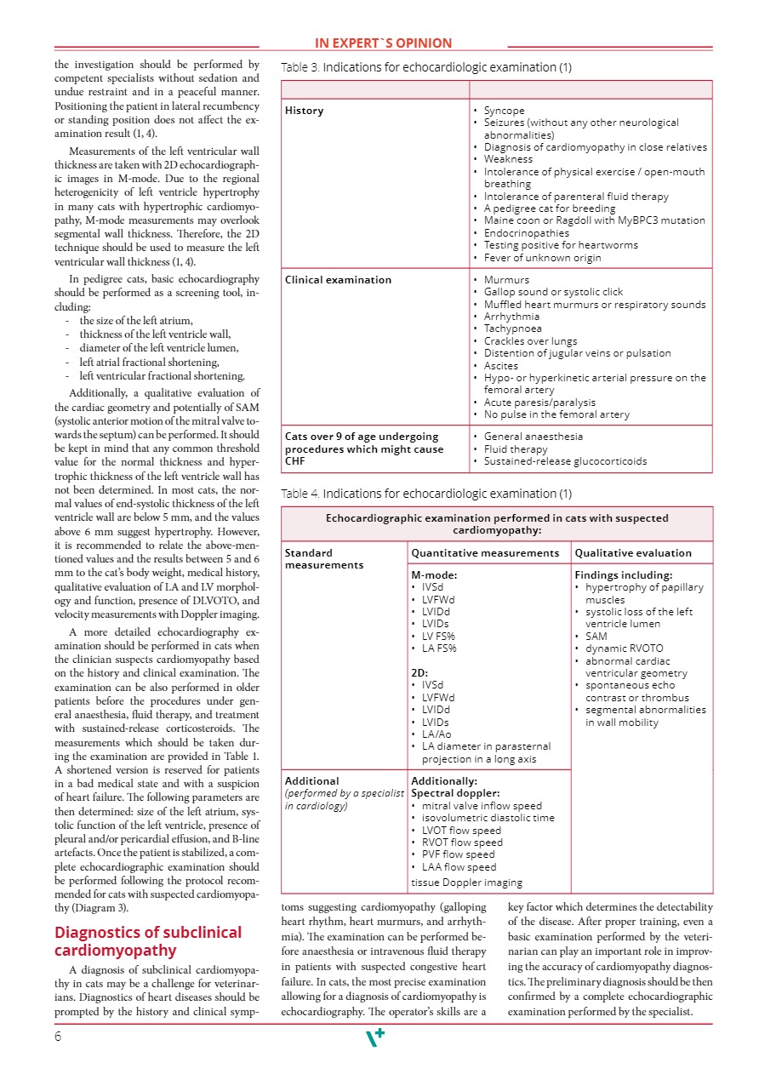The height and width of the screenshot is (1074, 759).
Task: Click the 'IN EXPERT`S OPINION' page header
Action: pyautogui.click(x=383, y=43)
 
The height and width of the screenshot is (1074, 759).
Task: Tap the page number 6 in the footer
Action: pyautogui.click(x=58, y=1036)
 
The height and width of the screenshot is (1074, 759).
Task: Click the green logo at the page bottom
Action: pyautogui.click(x=374, y=1037)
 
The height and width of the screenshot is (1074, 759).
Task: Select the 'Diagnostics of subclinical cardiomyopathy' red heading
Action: pyautogui.click(x=147, y=941)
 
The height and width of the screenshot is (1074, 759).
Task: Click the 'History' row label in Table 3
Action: pyautogui.click(x=304, y=111)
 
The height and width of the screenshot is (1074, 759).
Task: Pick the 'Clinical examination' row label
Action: pyautogui.click(x=338, y=280)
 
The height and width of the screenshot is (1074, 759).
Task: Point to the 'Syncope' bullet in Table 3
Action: pyautogui.click(x=504, y=111)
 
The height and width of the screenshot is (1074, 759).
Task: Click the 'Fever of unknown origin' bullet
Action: pyautogui.click(x=542, y=257)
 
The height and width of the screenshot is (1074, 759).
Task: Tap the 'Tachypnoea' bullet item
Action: pyautogui.click(x=512, y=328)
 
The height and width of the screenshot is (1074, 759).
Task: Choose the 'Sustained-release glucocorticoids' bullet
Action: pyautogui.click(x=565, y=461)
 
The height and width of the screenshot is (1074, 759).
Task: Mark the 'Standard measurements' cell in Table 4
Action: pyautogui.click(x=323, y=558)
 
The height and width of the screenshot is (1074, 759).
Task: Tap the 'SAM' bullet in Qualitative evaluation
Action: pyautogui.click(x=596, y=636)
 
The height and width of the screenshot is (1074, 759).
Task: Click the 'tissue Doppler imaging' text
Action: pyautogui.click(x=466, y=883)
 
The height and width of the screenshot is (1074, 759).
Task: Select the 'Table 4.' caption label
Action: pyautogui.click(x=300, y=494)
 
